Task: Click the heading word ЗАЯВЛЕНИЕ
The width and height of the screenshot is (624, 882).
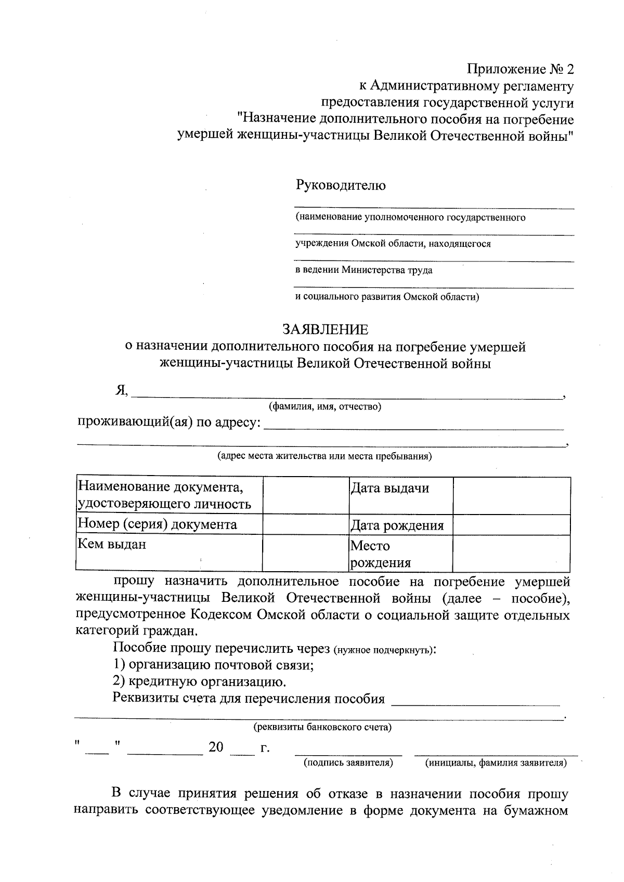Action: coord(325,330)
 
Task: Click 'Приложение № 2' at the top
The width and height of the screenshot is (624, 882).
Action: coord(520,69)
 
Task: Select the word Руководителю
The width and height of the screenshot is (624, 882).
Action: coord(341,185)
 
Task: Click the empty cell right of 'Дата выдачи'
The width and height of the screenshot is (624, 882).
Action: coord(511,495)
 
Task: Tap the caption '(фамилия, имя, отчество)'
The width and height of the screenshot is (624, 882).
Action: coord(325,407)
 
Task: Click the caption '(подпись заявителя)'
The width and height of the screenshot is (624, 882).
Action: coord(348,763)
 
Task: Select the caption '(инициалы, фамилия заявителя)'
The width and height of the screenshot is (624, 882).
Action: coord(496,763)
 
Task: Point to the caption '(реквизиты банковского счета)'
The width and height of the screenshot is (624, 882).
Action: coord(322,727)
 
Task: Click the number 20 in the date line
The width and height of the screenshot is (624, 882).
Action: coord(216,748)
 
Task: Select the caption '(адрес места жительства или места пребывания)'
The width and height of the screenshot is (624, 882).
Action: coord(324,456)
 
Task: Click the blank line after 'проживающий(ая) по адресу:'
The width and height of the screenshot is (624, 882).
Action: coord(414,427)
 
